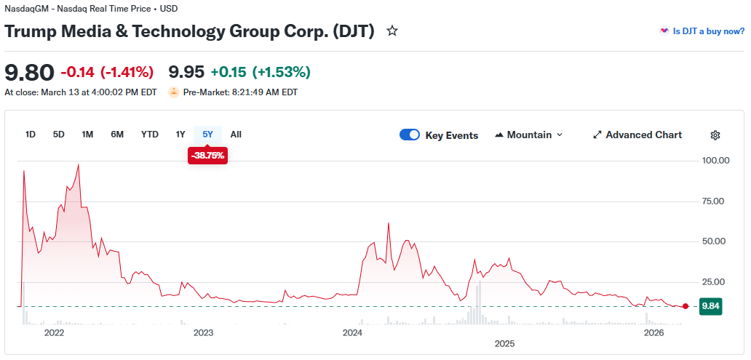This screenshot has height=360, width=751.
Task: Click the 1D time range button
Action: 31,135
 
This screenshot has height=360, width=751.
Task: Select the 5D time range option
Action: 59,135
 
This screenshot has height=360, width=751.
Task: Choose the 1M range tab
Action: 87,135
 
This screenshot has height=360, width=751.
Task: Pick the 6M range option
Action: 117,135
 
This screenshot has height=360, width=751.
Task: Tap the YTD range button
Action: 150,135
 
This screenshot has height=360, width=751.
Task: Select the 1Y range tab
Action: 180,135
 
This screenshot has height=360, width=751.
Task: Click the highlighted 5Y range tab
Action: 208,135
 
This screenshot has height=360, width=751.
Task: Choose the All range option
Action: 236,135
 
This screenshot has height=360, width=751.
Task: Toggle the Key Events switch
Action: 410,135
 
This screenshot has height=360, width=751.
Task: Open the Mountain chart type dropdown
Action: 528,135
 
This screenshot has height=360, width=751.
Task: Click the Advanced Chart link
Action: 637,135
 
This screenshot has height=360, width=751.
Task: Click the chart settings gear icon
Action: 715,135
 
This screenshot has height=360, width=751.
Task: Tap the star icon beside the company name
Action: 392,31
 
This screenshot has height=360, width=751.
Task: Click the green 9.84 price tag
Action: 710,306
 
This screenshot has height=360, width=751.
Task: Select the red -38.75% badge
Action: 208,156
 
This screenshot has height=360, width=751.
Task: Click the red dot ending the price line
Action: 686,306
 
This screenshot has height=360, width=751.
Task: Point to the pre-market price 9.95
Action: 186,72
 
